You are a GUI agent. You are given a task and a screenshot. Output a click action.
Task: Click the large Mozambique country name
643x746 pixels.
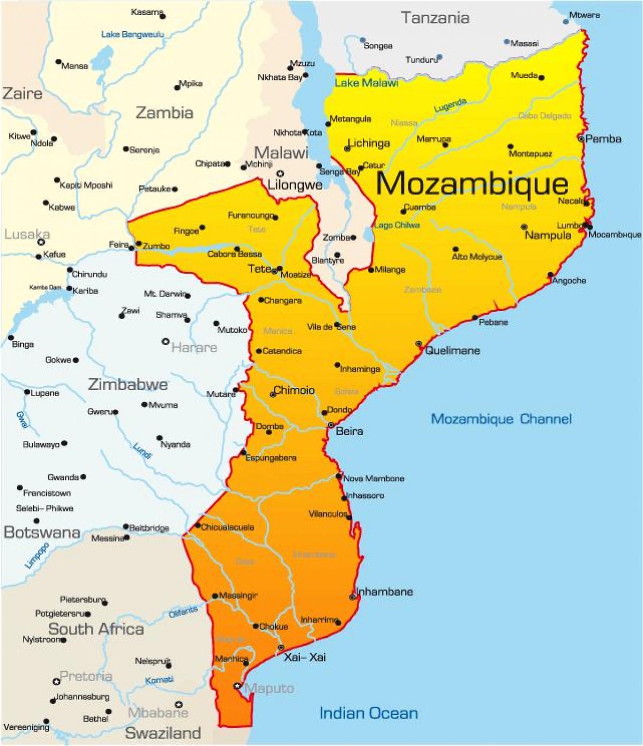tap(472, 183)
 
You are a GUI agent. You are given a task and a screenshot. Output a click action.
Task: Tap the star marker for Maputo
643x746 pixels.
tap(237, 685)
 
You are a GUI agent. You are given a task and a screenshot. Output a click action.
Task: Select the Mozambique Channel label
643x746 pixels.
tap(501, 419)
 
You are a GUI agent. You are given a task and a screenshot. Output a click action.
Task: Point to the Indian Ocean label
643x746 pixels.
tap(368, 713)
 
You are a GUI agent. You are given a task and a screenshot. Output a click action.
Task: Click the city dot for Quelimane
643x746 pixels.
tap(418, 344)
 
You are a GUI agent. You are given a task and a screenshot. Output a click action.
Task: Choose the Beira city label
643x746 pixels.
tap(349, 431)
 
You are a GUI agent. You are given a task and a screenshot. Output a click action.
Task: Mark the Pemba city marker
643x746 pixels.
tap(581, 138)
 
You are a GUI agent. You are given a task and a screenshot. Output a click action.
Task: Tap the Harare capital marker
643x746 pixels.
tap(166, 341)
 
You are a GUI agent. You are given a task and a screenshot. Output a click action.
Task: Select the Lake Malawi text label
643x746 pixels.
tap(367, 83)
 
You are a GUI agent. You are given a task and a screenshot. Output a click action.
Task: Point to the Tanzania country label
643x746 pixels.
tap(435, 18)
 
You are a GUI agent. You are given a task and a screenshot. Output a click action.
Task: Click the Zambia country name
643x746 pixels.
tap(164, 113)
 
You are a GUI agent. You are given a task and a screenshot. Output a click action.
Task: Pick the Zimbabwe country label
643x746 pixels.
tap(128, 384)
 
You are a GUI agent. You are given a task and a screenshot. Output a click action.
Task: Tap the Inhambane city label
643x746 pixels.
tap(385, 592)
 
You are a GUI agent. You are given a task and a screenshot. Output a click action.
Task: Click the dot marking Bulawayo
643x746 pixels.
tap(64, 444)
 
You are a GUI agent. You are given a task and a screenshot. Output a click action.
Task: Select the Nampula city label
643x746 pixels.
tap(548, 235)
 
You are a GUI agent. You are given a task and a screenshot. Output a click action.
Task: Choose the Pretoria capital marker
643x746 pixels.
tap(56, 681)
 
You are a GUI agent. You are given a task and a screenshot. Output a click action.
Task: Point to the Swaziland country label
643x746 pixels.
tap(163, 733)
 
